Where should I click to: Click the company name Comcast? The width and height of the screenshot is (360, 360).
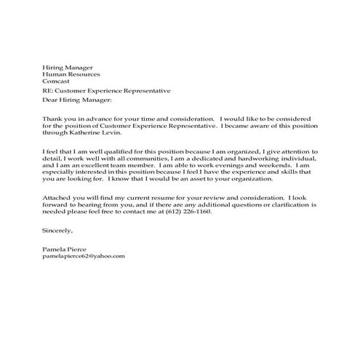(x=57, y=82)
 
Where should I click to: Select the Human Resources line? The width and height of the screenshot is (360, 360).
(x=71, y=74)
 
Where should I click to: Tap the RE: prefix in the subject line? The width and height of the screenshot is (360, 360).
(x=49, y=91)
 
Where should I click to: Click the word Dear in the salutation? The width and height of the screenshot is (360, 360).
(x=51, y=100)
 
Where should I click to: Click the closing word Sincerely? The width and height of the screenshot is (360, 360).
(x=58, y=231)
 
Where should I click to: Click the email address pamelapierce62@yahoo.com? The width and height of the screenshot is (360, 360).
(x=84, y=256)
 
